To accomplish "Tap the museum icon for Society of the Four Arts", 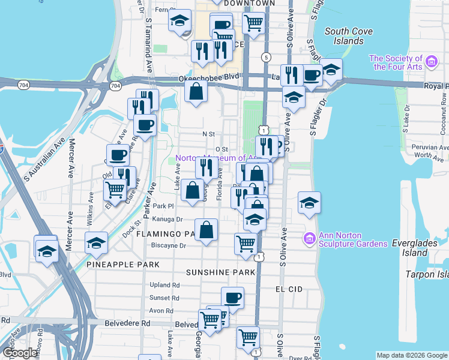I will click(x=430, y=61).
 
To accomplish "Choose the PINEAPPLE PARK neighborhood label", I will click(x=122, y=265).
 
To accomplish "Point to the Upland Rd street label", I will click(x=165, y=285).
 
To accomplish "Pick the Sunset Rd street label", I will click(x=165, y=298).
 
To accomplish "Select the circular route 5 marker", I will click(x=265, y=56).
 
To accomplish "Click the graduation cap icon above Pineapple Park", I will click(x=96, y=243).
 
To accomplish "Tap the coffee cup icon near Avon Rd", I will click(x=232, y=297).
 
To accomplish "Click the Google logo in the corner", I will click(x=20, y=353).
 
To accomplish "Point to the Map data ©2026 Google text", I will click(x=411, y=355).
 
